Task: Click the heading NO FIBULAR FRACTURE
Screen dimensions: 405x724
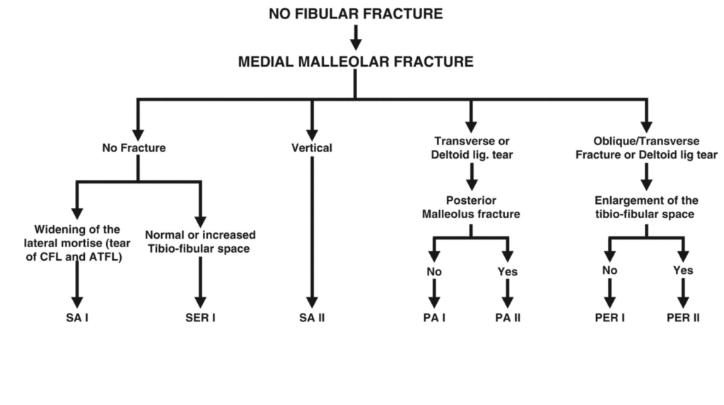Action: (x=356, y=13)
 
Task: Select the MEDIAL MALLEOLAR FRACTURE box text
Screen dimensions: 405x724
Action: (x=356, y=62)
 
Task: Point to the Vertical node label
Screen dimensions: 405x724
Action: (x=312, y=149)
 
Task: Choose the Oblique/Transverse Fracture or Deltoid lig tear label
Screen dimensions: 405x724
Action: (x=646, y=148)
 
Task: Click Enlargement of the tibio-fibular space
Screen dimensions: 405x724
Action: (x=646, y=207)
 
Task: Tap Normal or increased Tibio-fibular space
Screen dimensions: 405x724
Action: (x=200, y=241)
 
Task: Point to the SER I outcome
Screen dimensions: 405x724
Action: (x=200, y=318)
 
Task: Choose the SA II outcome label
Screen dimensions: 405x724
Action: (x=311, y=318)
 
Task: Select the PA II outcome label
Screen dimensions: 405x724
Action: (x=507, y=318)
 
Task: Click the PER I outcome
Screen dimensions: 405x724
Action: (x=609, y=318)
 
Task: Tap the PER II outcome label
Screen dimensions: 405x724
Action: (x=683, y=318)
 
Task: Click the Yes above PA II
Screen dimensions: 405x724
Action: (x=507, y=272)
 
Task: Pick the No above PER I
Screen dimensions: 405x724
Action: (x=609, y=270)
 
